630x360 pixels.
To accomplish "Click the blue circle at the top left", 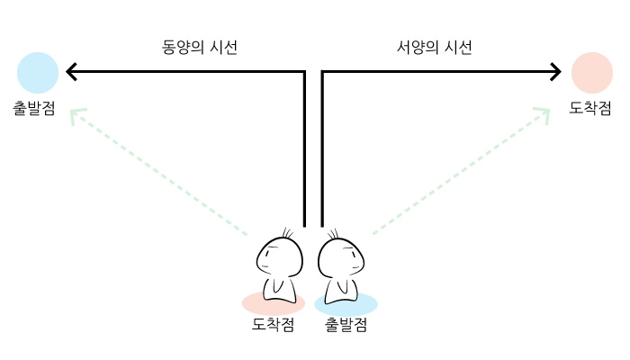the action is [37, 72].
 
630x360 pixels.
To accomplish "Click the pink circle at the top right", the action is [592, 72].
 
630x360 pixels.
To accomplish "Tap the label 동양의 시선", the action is [200, 48].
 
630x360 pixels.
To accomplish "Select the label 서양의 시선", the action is [435, 48].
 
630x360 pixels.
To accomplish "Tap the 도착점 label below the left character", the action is [273, 325].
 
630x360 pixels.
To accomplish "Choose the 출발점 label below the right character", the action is [346, 325].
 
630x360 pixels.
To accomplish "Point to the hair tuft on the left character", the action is [289, 233].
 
